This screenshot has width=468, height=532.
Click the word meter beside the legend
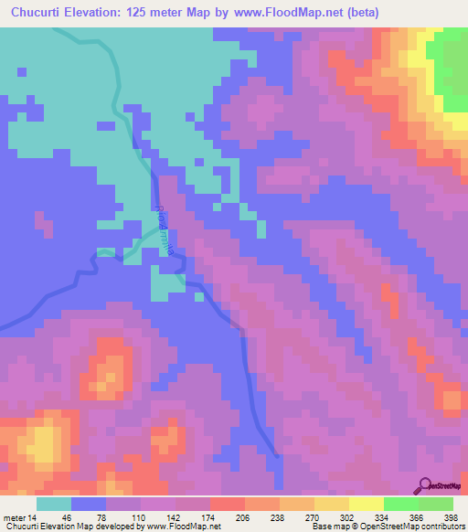click(x=15, y=517)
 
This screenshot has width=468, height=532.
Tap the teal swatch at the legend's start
click(x=54, y=504)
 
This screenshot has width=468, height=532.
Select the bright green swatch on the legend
click(x=400, y=504)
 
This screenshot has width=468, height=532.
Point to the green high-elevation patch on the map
click(x=451, y=71)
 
